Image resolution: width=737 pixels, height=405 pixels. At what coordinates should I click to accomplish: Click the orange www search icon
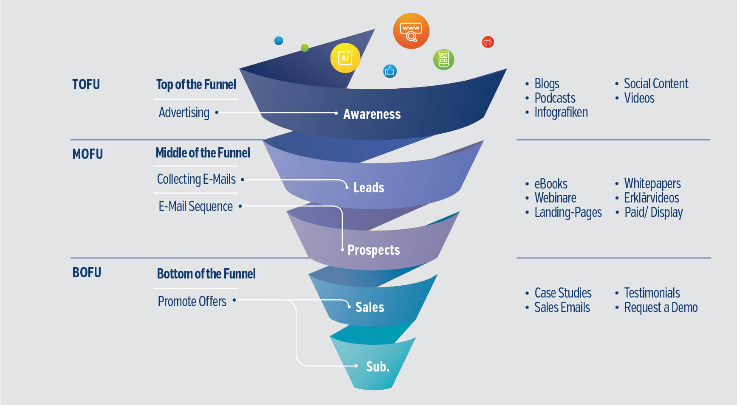(x=411, y=31)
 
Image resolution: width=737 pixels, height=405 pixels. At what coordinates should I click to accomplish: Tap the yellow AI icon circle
(x=345, y=58)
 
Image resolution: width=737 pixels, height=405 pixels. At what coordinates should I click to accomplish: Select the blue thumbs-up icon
(x=390, y=71)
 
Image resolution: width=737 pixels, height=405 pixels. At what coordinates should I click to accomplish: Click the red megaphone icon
(x=488, y=42)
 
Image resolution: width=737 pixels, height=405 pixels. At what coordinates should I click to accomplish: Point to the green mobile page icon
(x=443, y=59)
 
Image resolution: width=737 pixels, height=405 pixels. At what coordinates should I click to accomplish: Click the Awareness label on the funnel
(x=372, y=114)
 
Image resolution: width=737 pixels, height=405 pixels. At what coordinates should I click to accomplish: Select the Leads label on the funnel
(x=369, y=188)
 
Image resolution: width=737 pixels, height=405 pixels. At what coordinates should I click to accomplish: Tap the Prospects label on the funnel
(x=373, y=250)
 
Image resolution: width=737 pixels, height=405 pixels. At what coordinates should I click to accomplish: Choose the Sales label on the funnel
(x=370, y=307)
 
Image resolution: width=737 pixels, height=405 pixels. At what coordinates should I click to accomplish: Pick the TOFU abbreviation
(x=86, y=84)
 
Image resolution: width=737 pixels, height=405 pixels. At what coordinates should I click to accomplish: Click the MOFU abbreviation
(x=88, y=154)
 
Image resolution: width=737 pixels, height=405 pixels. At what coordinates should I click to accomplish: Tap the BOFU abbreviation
(x=87, y=273)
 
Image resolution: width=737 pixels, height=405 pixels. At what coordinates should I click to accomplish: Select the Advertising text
(x=184, y=112)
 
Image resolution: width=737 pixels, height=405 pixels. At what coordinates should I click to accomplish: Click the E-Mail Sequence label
(x=195, y=207)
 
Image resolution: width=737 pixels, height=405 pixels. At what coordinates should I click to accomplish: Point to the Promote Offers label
(x=192, y=301)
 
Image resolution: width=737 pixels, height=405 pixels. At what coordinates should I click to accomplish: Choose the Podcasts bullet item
(x=555, y=98)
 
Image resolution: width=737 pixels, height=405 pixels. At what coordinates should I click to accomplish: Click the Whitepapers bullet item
(x=652, y=184)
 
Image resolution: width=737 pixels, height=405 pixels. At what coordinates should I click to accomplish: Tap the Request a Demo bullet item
(x=661, y=307)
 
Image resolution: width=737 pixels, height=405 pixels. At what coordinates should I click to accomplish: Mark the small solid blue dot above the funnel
(x=279, y=41)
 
